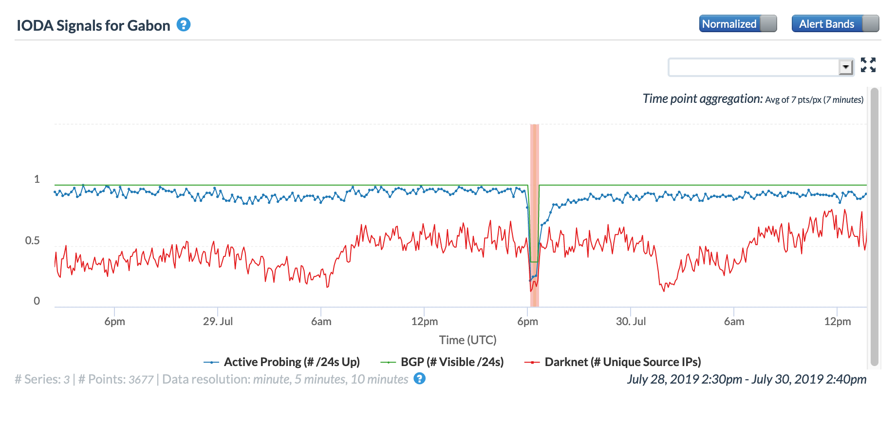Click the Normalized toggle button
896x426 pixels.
pos(737,24)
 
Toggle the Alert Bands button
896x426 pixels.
pos(835,24)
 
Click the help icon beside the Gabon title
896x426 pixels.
pos(183,24)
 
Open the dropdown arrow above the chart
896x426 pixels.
pos(846,67)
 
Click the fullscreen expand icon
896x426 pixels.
pos(868,65)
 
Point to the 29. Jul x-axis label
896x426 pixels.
pos(218,322)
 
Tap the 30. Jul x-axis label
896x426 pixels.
pos(631,322)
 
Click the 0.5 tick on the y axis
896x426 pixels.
pos(33,241)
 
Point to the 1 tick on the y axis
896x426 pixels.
pos(37,179)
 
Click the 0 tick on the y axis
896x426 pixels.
pos(37,301)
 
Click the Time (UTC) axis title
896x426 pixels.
pos(467,340)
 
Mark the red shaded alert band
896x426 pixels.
pos(534,214)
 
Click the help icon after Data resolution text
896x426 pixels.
pos(419,379)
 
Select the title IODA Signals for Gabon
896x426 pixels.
pos(93,25)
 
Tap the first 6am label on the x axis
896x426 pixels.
pos(321,322)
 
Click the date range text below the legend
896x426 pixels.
pos(747,379)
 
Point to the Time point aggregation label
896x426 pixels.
pos(702,99)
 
